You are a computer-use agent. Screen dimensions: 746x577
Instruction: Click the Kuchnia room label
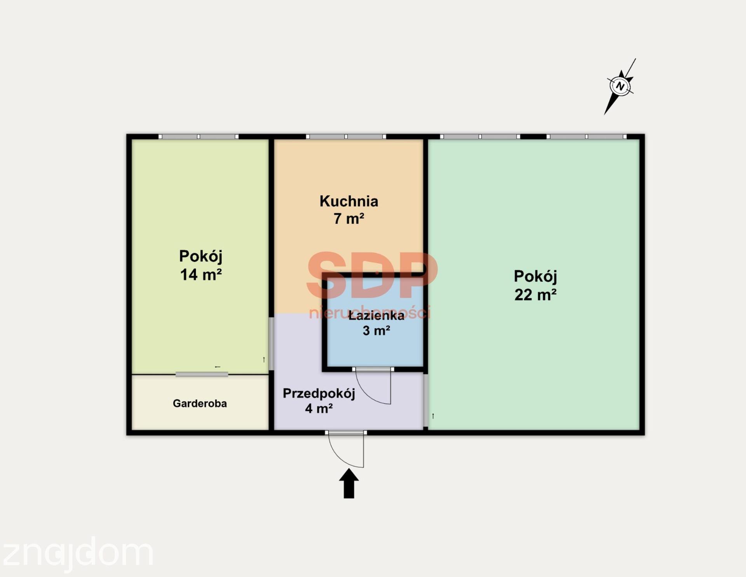349,201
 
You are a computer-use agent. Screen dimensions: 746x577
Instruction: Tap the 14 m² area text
201,275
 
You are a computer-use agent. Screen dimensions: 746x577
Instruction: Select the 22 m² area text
535,295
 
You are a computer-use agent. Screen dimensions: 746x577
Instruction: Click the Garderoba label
200,404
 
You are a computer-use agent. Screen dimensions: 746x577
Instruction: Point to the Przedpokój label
319,393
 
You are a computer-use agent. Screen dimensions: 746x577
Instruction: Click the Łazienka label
376,315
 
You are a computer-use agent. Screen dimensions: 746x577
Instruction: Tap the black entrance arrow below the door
349,483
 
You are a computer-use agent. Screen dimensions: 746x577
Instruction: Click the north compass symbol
620,86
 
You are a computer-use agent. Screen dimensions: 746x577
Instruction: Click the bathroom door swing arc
369,395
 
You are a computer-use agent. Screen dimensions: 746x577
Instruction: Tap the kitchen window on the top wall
346,137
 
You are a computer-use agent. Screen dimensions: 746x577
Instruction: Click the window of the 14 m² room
199,137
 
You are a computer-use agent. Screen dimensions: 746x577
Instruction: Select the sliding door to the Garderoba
202,374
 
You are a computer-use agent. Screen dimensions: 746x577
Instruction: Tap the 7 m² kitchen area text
349,219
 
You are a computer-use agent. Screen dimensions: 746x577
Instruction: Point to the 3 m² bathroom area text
376,331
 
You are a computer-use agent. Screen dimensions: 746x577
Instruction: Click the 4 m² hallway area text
319,409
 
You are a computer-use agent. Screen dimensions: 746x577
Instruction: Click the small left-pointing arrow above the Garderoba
218,367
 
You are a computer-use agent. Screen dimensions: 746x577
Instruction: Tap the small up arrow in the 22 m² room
433,416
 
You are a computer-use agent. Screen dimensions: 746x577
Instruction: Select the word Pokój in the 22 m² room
535,277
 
